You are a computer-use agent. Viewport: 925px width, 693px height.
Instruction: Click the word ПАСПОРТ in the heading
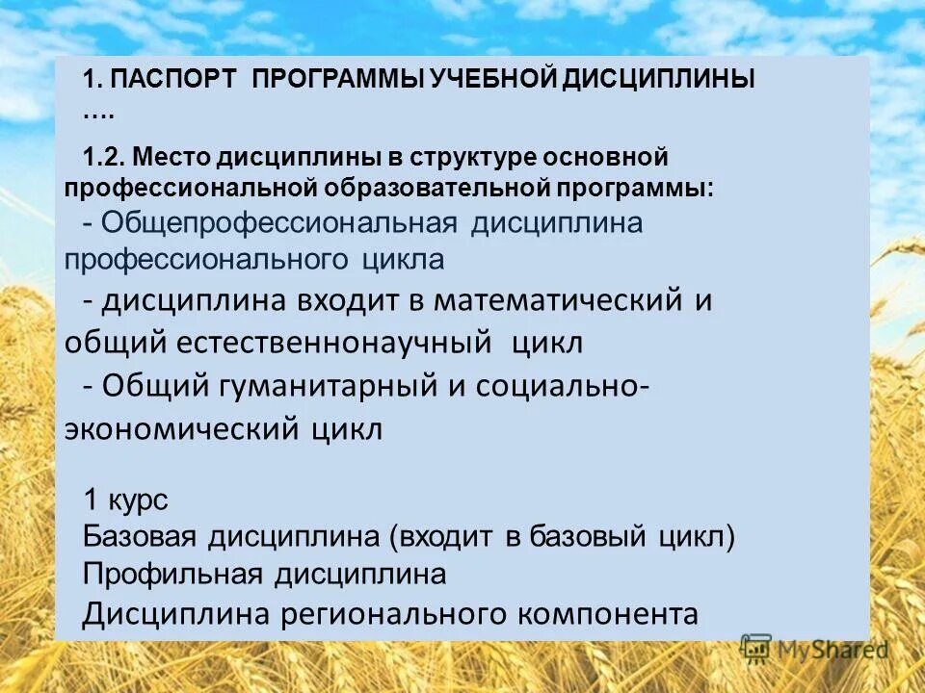click(x=172, y=80)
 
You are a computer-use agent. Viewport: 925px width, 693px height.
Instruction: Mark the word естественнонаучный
click(x=346, y=343)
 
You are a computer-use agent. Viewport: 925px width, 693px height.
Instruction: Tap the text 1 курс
click(x=125, y=500)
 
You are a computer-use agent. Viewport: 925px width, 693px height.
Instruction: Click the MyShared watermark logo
click(x=814, y=648)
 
